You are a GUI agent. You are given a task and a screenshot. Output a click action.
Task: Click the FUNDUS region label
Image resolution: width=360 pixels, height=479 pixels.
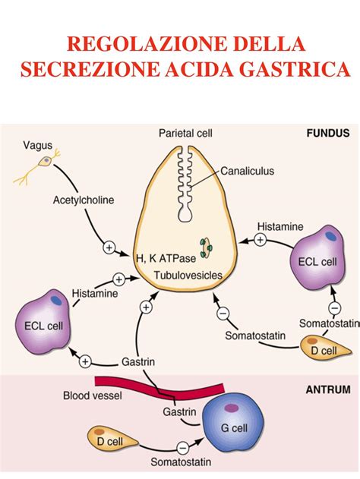coord(327,133)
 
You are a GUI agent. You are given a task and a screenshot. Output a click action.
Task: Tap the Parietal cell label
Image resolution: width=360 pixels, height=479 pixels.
coord(185,134)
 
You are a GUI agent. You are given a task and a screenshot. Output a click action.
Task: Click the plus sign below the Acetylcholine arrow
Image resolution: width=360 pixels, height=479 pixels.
coord(109,248)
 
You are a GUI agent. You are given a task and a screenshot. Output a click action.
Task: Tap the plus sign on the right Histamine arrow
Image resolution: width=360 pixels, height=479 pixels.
coord(261,240)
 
